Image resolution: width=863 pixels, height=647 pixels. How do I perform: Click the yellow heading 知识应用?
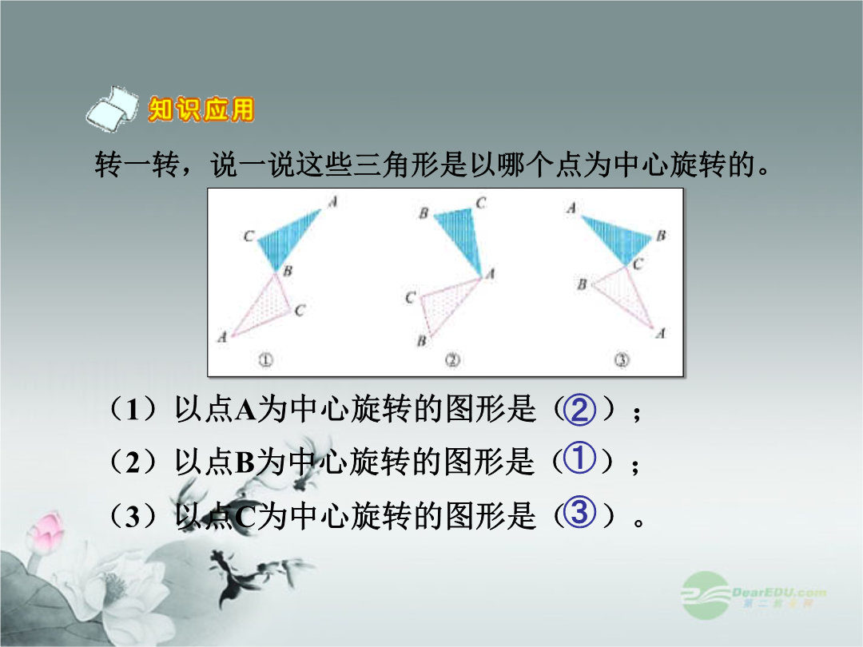tap(201, 109)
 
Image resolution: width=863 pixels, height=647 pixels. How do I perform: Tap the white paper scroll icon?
tap(113, 109)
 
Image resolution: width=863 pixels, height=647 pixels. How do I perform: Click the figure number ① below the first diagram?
tap(265, 359)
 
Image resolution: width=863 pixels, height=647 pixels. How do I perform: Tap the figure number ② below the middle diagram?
tap(452, 359)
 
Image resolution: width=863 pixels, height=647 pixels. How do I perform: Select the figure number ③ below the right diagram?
tap(622, 359)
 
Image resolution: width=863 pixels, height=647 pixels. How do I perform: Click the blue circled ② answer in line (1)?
tap(580, 410)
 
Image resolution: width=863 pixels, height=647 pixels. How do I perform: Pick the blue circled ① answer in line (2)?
tap(579, 458)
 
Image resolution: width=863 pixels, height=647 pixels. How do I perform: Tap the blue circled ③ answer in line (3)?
tap(580, 512)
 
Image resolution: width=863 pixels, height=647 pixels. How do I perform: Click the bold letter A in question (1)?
tap(245, 411)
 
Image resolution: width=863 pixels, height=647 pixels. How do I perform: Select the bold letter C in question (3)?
tap(245, 517)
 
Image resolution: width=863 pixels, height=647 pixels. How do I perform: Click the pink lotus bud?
tap(45, 531)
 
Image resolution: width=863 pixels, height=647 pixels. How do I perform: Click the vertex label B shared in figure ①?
tap(288, 271)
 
